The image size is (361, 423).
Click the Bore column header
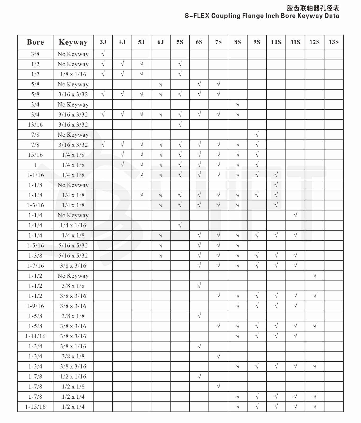[35, 42]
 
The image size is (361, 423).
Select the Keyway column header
[73, 42]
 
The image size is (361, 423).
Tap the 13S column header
[333, 42]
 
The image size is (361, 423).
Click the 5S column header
[180, 42]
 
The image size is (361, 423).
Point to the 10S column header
[276, 42]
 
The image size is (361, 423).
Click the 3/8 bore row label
[35, 54]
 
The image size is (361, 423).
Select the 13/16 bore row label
[35, 125]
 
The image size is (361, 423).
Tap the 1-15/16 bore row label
[35, 407]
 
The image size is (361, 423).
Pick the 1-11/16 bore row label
[35, 336]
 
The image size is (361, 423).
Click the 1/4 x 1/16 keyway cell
[73, 226]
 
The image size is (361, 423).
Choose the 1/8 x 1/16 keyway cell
[73, 74]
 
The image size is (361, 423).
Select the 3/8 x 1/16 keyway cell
[73, 346]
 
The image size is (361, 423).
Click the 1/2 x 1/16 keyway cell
[73, 376]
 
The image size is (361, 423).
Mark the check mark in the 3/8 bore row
[103, 54]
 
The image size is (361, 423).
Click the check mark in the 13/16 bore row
[180, 125]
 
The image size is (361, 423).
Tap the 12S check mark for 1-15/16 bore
[314, 407]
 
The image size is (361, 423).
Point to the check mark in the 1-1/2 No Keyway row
[314, 276]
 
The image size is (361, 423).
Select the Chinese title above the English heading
[313, 8]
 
